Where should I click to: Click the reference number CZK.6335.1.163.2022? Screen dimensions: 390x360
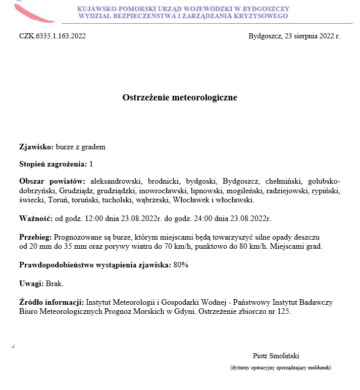tap(53, 36)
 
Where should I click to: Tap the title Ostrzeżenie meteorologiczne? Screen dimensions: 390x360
tap(180, 97)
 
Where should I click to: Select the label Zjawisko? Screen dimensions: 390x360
tap(36, 147)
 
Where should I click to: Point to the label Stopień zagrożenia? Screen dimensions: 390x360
tap(53, 164)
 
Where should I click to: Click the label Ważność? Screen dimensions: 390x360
tap(36, 218)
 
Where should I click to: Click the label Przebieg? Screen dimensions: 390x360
tap(35, 236)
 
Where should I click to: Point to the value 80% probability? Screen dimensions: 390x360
tap(181, 265)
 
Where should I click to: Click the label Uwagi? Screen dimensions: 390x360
tap(31, 284)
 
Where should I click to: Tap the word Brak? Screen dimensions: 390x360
tap(55, 284)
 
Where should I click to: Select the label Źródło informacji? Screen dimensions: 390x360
tap(52, 302)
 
